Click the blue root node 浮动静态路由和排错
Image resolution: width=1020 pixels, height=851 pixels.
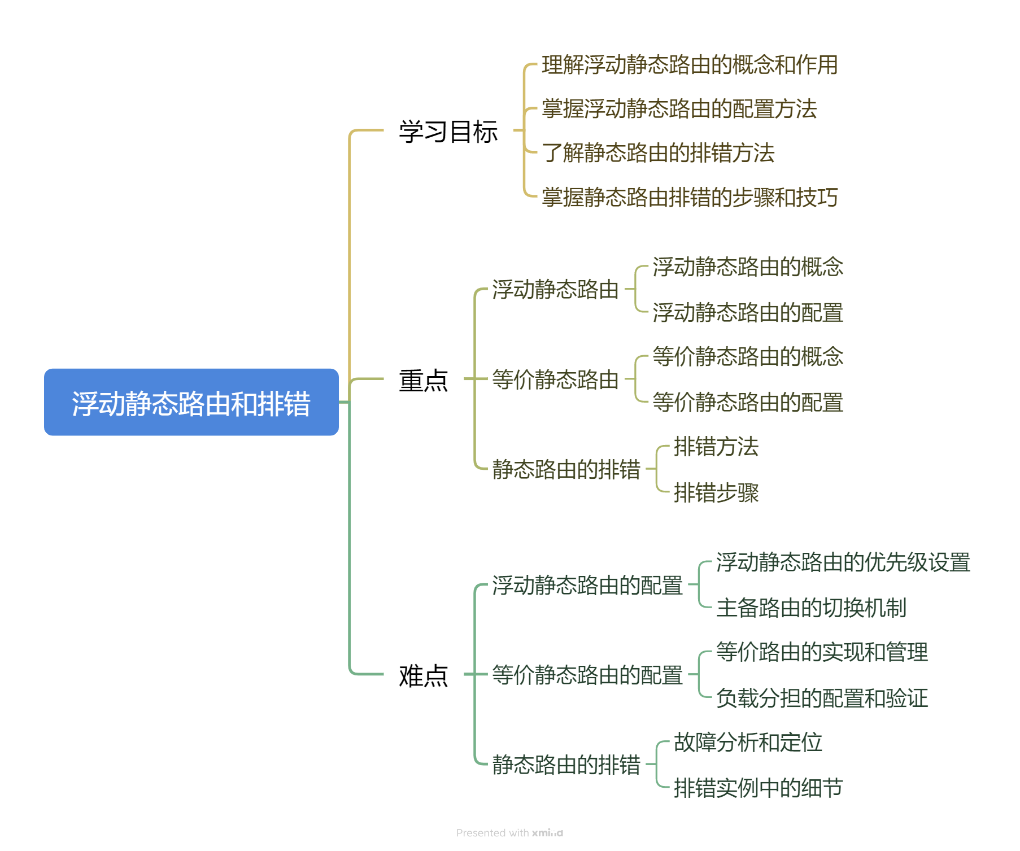click(191, 402)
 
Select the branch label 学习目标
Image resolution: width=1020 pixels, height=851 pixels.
click(448, 132)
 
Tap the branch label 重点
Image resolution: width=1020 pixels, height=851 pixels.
click(423, 380)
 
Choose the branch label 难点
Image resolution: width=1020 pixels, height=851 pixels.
click(423, 675)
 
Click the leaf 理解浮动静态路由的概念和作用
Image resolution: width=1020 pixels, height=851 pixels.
click(689, 65)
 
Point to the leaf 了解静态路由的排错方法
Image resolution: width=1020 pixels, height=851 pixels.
click(658, 153)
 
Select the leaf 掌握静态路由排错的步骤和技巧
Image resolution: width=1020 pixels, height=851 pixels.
click(689, 197)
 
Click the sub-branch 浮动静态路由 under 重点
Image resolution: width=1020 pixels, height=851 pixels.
click(555, 289)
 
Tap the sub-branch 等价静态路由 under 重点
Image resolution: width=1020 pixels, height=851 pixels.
click(555, 379)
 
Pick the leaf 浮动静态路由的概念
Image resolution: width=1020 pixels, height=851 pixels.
click(747, 267)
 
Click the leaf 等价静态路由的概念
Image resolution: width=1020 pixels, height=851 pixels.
click(747, 356)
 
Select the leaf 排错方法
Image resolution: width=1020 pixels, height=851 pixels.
click(716, 447)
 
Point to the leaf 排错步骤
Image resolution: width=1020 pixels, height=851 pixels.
click(716, 492)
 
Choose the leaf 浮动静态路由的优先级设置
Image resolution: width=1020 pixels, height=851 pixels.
click(843, 562)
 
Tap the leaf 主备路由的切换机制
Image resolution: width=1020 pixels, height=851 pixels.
click(811, 608)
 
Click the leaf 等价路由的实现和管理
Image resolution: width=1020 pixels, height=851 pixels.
click(822, 652)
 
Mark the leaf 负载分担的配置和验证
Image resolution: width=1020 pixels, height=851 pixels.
click(822, 698)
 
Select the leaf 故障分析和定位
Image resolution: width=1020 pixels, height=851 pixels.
click(747, 742)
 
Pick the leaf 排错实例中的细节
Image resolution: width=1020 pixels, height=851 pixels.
click(758, 788)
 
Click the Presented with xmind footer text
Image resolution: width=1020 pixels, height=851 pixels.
click(509, 833)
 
